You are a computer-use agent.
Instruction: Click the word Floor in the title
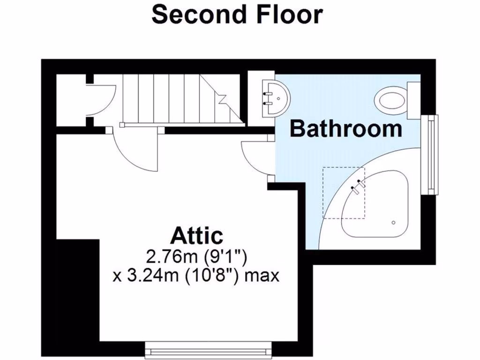click(x=289, y=15)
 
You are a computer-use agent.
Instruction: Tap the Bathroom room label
click(x=346, y=128)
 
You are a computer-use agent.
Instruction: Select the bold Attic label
click(x=197, y=236)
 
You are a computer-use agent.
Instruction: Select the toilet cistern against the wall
click(x=414, y=100)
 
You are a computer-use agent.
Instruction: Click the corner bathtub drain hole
click(x=394, y=222)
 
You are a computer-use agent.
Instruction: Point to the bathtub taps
click(x=358, y=186)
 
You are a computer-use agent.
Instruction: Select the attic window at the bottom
click(x=209, y=349)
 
